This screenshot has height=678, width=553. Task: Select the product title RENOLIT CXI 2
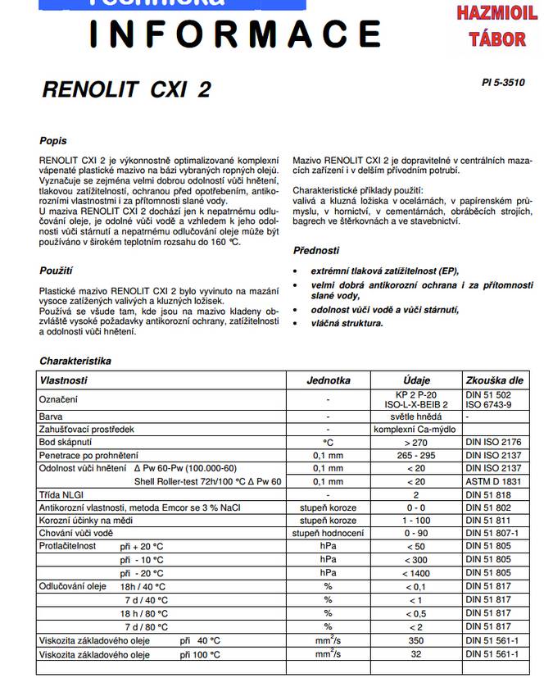point(125,89)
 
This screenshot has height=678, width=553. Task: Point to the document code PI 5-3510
point(503,83)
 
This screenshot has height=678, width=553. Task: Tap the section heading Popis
point(53,141)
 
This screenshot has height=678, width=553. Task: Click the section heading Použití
point(57,270)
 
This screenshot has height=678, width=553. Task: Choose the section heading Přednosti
point(316,251)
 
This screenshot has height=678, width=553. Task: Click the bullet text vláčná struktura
point(347,324)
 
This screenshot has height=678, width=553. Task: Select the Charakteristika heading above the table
point(75,361)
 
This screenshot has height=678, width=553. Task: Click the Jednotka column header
point(329,380)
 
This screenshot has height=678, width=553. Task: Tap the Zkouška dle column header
point(494,380)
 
